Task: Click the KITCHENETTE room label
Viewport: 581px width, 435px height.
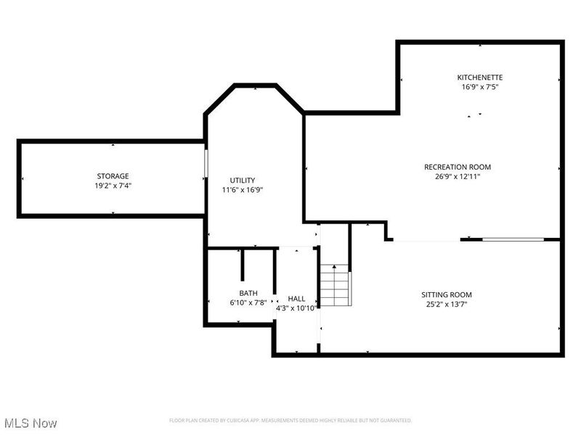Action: coord(479,77)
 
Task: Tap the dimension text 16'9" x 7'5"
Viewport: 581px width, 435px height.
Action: coord(479,87)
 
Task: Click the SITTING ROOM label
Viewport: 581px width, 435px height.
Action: coord(447,294)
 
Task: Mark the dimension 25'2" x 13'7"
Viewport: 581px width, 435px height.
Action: coord(447,304)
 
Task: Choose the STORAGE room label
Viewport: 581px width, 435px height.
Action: coord(113,176)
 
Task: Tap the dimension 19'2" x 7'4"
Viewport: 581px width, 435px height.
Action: coord(113,186)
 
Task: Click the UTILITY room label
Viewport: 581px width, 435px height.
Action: coord(243,181)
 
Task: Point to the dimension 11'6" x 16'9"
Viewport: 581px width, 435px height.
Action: coord(243,190)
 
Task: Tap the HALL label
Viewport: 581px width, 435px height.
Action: coord(296,299)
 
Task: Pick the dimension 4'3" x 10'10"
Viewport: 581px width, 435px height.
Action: coord(296,308)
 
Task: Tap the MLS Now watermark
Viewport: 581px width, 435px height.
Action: coord(31,422)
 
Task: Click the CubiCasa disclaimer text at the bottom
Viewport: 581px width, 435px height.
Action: coord(290,420)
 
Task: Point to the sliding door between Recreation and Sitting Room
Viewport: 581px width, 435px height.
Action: coord(513,239)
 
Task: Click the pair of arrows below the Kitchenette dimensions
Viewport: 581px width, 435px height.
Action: coord(474,115)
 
